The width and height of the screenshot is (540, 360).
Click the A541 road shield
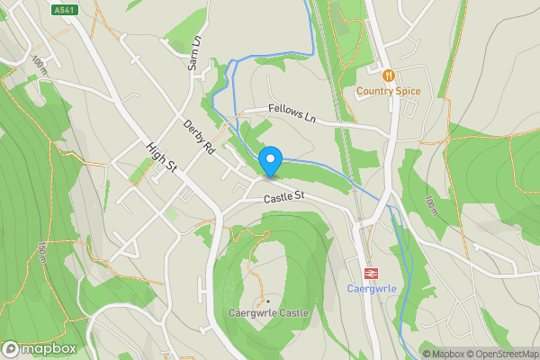[x=62, y=10]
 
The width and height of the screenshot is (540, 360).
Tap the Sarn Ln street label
[x=193, y=55]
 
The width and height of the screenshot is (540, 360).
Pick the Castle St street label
[x=285, y=196]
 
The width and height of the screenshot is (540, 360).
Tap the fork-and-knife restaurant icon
[x=388, y=76]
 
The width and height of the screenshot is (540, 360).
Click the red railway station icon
[x=369, y=273]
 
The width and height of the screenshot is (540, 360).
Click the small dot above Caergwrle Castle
[x=266, y=301]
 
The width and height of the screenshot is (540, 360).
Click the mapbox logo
[x=39, y=348]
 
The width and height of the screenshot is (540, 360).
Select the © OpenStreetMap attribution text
[x=499, y=353]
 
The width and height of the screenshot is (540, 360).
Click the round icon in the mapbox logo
[x=12, y=348]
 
